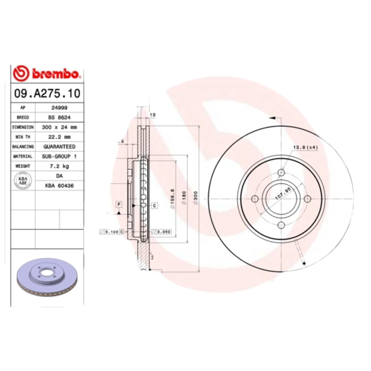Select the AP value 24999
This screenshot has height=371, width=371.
pos(59,107)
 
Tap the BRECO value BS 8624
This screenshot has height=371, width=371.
pos(59,117)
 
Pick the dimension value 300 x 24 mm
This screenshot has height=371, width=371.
pos(59,127)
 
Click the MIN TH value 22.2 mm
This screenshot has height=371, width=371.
pos(59,137)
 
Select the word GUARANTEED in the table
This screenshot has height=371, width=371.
pos(59,147)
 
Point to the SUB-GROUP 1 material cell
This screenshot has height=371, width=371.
pos(59,156)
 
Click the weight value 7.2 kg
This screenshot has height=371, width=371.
pos(59,166)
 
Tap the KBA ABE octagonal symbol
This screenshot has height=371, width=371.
pos(23,181)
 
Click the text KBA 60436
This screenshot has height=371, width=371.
pos(59,185)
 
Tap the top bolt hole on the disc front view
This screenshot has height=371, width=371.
pos(281,173)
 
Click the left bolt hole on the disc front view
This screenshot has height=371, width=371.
pos(255,199)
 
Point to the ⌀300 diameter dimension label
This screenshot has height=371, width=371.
pos(196,198)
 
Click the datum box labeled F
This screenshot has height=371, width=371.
pos(119,205)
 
